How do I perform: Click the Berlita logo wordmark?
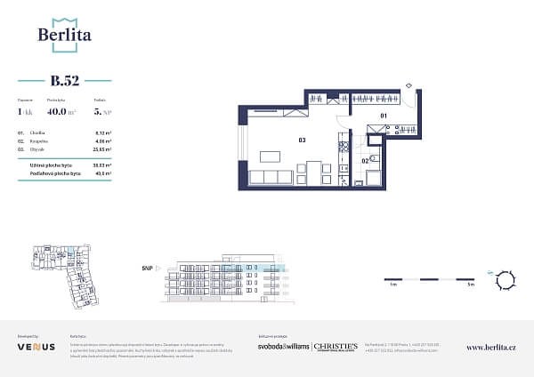pos(64,35)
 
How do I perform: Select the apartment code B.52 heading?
pos(65,82)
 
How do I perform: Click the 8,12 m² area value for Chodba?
pos(101,132)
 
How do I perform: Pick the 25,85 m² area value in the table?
pos(101,149)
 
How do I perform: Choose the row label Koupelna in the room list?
pos(39,140)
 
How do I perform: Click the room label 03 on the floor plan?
pos(302,140)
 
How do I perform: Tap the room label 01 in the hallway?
pos(384,116)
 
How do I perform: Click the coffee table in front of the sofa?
pos(270,157)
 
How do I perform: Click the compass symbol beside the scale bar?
pos(506,279)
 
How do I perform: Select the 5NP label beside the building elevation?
pos(146,267)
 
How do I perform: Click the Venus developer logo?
pos(36,347)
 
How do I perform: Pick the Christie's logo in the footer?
pos(336,346)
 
